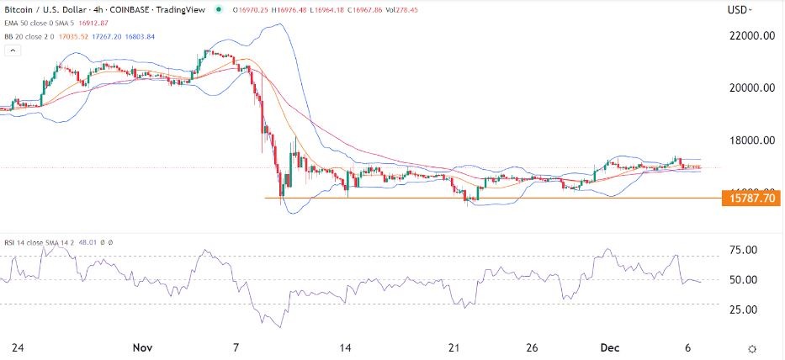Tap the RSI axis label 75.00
(741, 250)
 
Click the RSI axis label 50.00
(741, 279)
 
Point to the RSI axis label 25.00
(741, 310)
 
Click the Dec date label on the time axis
(611, 347)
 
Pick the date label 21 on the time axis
(455, 347)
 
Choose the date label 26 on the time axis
(532, 347)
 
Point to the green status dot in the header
(220, 9)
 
